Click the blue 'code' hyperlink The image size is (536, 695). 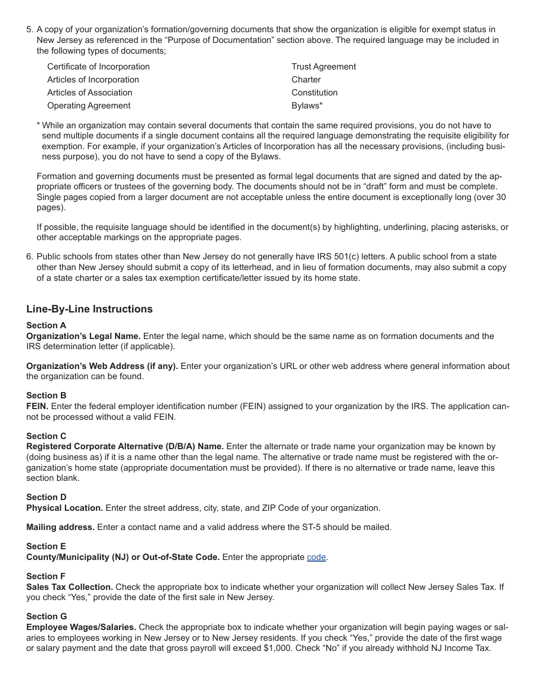click(x=316, y=557)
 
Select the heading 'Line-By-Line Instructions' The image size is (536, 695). click(x=89, y=309)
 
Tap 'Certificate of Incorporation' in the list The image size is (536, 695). click(x=98, y=67)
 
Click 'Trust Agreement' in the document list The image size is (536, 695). click(x=323, y=67)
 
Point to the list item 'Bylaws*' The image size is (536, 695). click(x=307, y=106)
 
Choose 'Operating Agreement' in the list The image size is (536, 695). click(x=89, y=106)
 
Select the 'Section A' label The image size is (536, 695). click(x=46, y=325)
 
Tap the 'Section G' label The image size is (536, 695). click(x=46, y=616)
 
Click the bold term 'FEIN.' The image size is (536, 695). click(x=37, y=406)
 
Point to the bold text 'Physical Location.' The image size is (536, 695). click(x=64, y=508)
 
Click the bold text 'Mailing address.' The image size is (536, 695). click(x=60, y=527)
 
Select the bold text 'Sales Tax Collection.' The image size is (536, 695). click(x=69, y=587)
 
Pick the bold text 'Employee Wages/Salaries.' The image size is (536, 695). click(x=81, y=627)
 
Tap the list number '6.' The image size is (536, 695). click(x=30, y=257)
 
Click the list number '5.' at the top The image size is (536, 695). click(x=30, y=29)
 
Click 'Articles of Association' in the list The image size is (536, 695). click(x=90, y=93)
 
